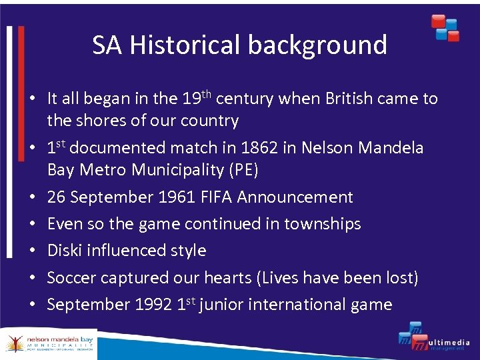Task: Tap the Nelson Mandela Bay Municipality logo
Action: click(x=49, y=343)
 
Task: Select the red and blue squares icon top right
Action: click(x=445, y=27)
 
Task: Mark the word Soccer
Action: click(x=70, y=277)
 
